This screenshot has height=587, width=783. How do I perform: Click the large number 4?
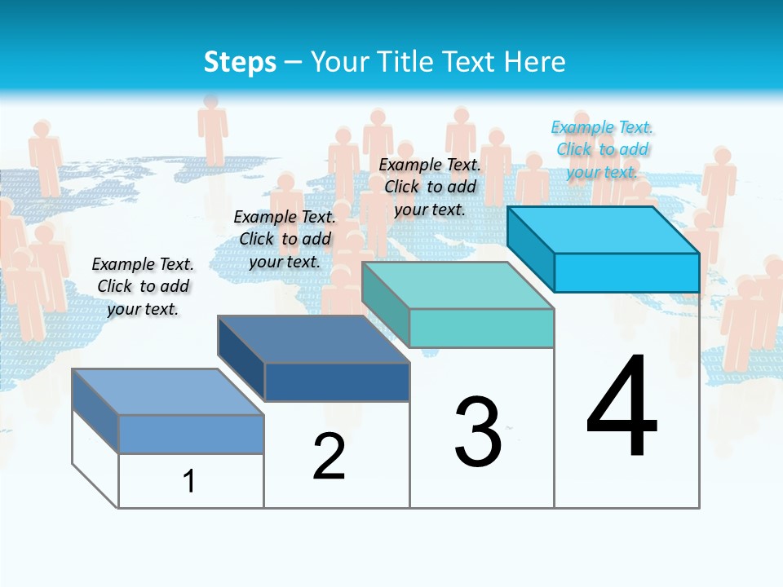[x=622, y=407]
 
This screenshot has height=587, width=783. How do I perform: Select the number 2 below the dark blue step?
[x=329, y=457]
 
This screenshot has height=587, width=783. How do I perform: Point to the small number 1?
[x=189, y=481]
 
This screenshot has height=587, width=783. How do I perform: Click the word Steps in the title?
[x=240, y=62]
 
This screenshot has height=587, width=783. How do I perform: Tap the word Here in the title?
[x=534, y=62]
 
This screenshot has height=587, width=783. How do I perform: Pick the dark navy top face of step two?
[x=314, y=339]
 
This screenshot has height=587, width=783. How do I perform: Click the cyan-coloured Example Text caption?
[x=602, y=149]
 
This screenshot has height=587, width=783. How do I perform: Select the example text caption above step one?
[x=144, y=286]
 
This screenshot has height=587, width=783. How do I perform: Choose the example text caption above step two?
[x=285, y=239]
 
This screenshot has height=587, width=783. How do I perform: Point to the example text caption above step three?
[x=430, y=187]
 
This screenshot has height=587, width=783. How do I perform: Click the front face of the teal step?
[x=481, y=328]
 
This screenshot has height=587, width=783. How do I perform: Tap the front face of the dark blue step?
[x=337, y=382]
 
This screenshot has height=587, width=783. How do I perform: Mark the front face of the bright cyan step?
[x=626, y=272]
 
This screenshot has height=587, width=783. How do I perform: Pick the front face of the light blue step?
[x=191, y=434]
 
